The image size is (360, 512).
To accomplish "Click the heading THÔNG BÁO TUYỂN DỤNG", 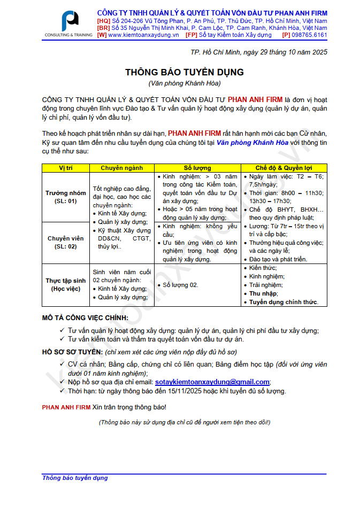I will (184, 72).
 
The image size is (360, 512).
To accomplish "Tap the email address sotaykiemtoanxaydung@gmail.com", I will (212, 382).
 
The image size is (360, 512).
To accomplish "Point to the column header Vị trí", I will (66, 168).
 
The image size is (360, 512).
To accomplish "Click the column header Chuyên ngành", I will (121, 168).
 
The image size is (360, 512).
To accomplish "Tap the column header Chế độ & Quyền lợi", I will (284, 168).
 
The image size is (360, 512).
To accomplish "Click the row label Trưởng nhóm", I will (66, 193).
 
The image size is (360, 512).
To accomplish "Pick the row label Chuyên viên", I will (66, 238).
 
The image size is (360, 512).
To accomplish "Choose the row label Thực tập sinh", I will (66, 281).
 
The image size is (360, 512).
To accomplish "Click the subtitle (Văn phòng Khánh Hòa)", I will (184, 83).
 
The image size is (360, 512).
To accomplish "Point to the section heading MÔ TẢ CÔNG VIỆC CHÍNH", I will (85, 318).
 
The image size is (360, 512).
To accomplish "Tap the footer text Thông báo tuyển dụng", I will (75, 478).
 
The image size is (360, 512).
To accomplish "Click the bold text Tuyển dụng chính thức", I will (284, 302).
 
